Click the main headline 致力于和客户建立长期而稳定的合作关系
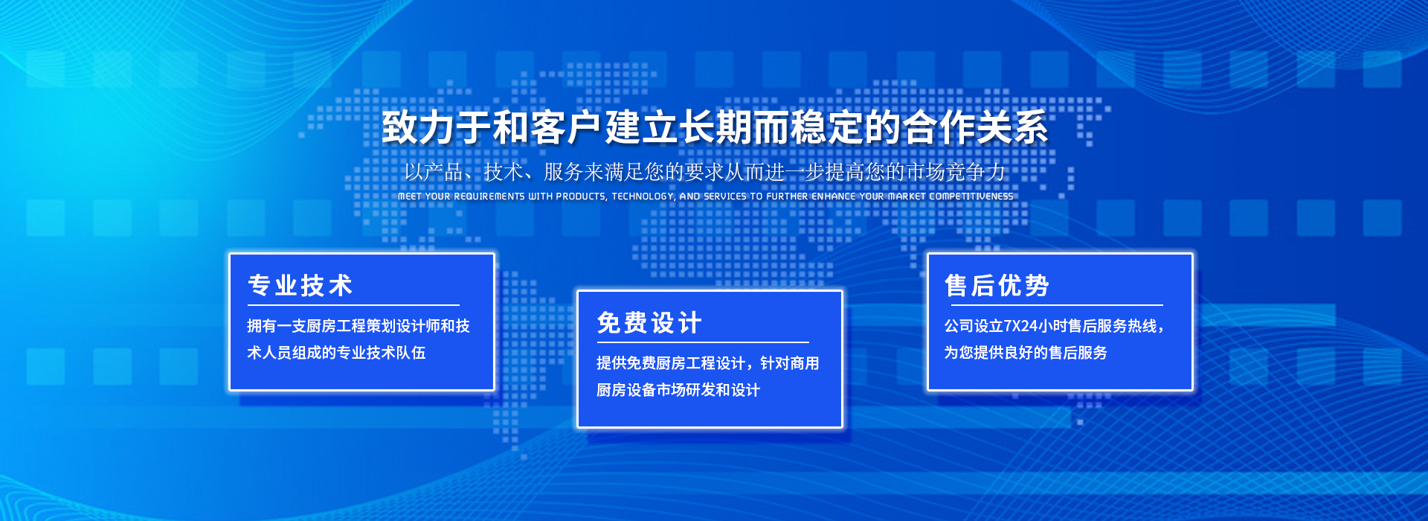pos(715,127)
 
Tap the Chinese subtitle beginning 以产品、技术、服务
pos(705,172)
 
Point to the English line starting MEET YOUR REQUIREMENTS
pos(706,196)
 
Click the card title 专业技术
pos(300,285)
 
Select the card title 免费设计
pos(649,323)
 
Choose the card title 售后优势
pos(997,285)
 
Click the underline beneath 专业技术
pos(353,305)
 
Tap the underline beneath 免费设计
pos(703,342)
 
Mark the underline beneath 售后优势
pos(1057,305)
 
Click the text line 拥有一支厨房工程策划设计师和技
pos(358,326)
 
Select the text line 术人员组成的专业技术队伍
pos(336,353)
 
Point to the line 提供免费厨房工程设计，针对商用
pos(707,363)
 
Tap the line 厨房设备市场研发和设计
pos(678,390)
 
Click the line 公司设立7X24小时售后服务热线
pos(1054,326)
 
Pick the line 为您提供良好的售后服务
pos(1026,353)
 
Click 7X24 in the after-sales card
pos(1020,326)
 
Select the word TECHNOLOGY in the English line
pos(643,196)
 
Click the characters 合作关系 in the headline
pos(975,127)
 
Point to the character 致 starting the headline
pos(400,127)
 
